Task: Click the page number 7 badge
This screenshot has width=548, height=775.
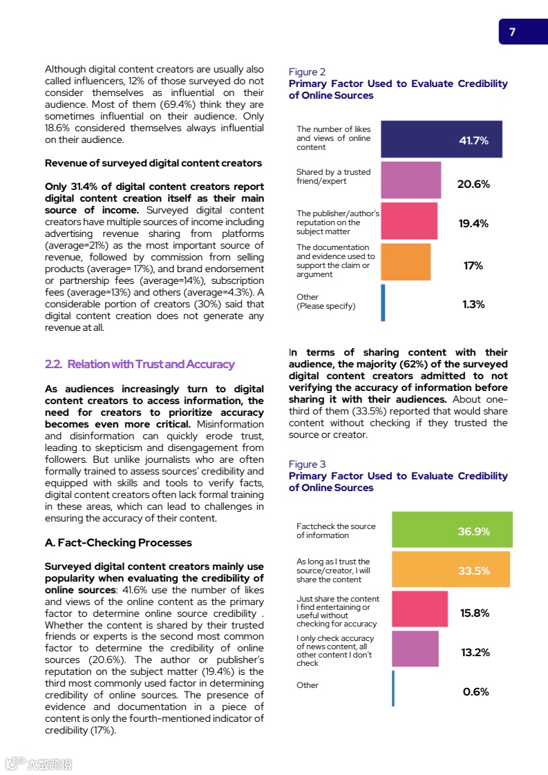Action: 513,32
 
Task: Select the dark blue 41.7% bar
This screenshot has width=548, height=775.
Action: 441,140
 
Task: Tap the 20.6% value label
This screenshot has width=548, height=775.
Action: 473,184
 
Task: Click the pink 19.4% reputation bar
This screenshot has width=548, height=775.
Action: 409,221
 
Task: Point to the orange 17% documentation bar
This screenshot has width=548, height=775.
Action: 406,262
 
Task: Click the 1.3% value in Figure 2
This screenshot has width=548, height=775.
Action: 473,304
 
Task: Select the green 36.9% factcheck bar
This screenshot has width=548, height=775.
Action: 452,530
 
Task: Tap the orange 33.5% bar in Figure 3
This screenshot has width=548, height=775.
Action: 451,570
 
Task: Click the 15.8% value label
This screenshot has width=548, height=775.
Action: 475,613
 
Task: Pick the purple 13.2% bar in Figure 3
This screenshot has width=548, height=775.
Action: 415,649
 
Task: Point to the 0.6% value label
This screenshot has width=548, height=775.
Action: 475,691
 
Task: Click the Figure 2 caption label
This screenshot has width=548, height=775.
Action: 307,72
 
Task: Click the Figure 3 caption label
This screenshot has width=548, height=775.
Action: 307,464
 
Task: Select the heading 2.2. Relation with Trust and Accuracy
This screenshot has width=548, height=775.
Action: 140,364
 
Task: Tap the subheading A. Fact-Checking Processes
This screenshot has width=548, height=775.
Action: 118,542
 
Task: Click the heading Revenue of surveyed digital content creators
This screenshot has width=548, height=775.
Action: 153,163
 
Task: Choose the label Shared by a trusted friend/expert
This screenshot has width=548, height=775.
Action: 333,176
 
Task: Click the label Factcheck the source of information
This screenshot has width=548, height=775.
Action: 336,530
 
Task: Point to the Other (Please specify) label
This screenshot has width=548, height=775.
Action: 325,302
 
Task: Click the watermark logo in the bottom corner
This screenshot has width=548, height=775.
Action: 38,764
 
